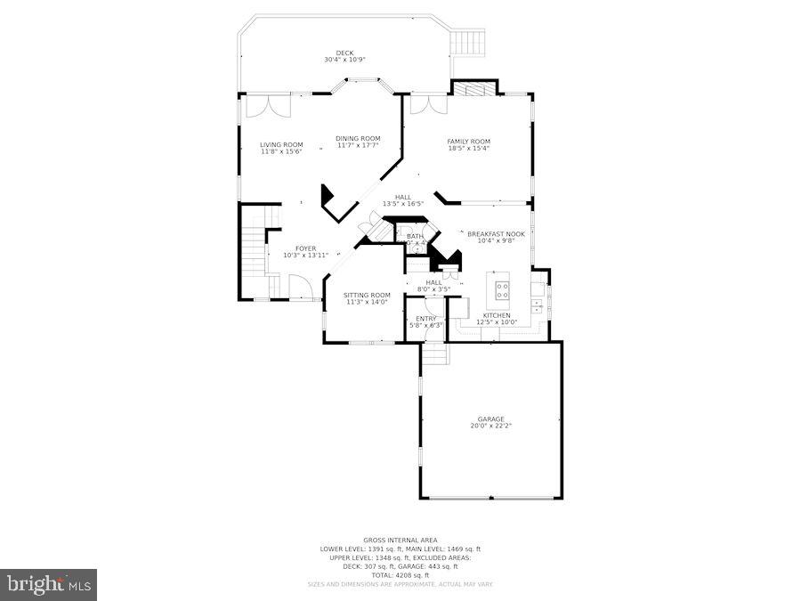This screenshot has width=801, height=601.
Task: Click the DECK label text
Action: pos(344,53)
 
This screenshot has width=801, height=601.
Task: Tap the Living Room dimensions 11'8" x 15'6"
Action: pos(281,151)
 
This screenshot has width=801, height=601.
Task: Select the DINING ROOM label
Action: pos(358,138)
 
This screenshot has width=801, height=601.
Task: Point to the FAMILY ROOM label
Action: pos(468,142)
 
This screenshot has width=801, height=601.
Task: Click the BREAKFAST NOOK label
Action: pos(496,233)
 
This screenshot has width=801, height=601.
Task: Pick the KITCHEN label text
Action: pos(497,315)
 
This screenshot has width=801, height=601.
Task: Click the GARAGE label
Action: pos(490,418)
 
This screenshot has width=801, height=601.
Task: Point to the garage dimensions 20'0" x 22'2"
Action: pos(490,426)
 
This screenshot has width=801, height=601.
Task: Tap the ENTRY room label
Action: pos(426,318)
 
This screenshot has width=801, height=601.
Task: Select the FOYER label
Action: pos(305,248)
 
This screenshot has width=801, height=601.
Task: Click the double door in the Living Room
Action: pos(267,107)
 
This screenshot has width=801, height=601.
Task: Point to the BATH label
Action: pos(416,236)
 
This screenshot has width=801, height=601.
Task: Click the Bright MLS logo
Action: pos(49,585)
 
